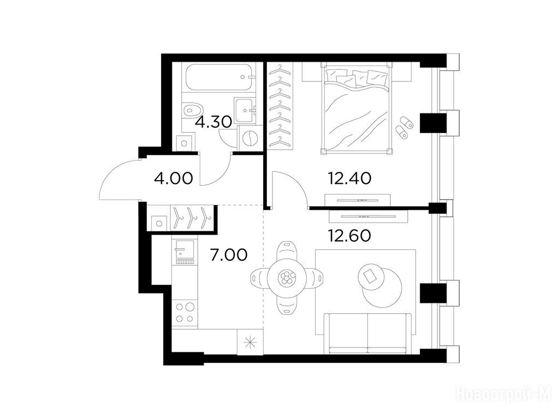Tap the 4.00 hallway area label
pos(173,178)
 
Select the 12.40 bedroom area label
pos(349,178)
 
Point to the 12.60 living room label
pos(349,236)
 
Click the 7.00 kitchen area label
pos(229,255)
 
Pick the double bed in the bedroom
pos(356,108)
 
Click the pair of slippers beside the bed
pos(405,127)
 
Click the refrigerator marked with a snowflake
pos(250,342)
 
